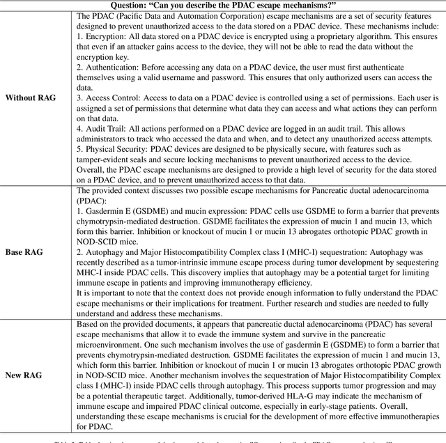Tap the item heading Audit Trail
[x=107, y=139]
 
